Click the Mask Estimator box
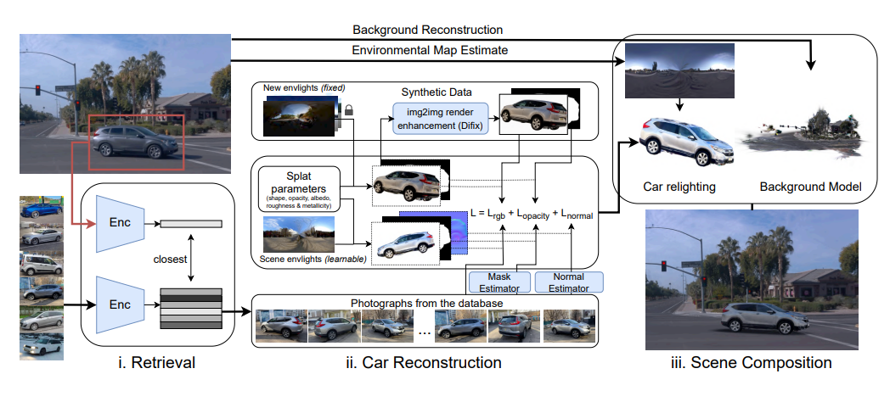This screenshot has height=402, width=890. click(498, 282)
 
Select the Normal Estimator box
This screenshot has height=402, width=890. click(567, 282)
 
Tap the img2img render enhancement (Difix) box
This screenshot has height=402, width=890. click(440, 119)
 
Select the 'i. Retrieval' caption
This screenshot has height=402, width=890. click(159, 363)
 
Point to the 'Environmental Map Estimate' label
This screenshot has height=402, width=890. click(430, 51)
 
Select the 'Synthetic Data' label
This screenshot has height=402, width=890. click(438, 91)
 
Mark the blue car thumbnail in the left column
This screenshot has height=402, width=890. click(42, 209)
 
